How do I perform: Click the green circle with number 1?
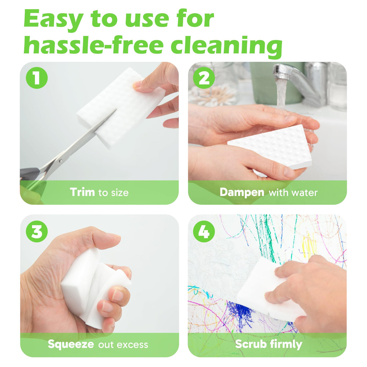click(36, 78)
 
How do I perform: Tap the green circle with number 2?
click(204, 78)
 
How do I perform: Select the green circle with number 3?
click(36, 231)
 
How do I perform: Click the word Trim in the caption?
click(82, 192)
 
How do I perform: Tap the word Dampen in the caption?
click(242, 193)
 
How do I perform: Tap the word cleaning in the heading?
click(226, 47)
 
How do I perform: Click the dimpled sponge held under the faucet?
click(269, 147)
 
